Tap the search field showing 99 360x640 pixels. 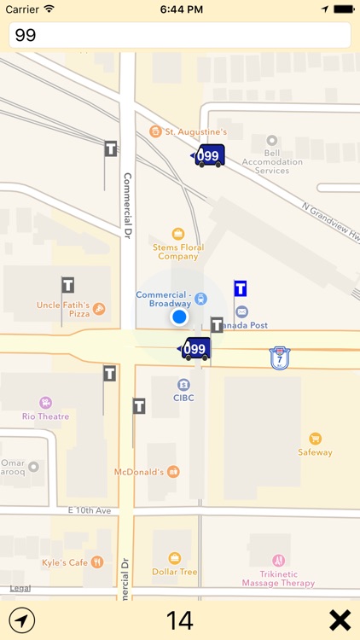pos(179,35)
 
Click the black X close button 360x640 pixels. pos(340,620)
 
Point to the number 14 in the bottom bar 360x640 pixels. pos(180,620)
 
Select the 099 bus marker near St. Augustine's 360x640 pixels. pos(208,155)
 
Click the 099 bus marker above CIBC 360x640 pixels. pos(195,348)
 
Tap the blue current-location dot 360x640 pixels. pos(178,317)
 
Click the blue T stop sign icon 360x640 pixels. pos(241,288)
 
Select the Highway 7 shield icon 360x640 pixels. pos(278,358)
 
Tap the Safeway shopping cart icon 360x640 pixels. pos(316,438)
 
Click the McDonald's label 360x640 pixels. pos(141,471)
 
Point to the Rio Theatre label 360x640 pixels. pos(46,416)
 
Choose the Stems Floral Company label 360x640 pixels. pos(177,251)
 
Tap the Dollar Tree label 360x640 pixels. pos(175,571)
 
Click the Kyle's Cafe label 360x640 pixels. pos(66,562)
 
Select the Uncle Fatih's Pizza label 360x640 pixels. pos(63,308)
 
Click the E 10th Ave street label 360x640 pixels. pos(90,510)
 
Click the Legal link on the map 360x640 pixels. pos(20,588)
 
